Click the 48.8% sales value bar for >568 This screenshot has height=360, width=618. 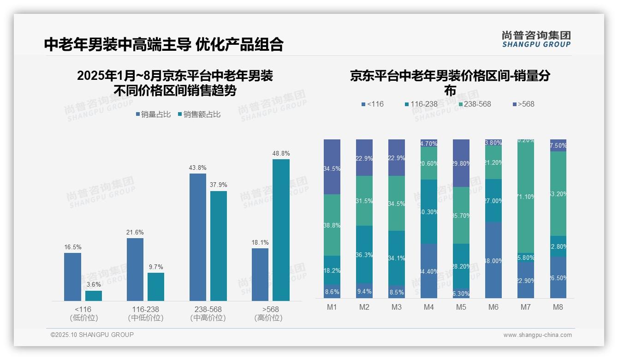click(281, 230)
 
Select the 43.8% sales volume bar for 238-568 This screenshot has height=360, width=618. click(198, 237)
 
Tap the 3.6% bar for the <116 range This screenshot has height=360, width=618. click(94, 296)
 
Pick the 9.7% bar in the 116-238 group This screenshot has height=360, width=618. click(156, 287)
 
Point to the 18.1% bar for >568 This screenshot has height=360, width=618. click(260, 275)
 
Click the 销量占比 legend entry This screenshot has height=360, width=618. click(153, 114)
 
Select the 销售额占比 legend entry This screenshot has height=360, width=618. click(199, 114)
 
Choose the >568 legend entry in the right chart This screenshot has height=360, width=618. click(523, 104)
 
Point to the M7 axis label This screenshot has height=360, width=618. click(526, 307)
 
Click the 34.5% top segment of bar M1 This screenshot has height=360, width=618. click(332, 167)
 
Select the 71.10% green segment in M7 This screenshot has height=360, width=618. click(526, 196)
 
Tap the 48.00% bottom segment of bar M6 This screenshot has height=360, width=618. click(493, 260)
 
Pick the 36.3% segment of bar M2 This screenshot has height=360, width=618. click(364, 254)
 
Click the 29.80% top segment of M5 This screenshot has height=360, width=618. click(461, 163)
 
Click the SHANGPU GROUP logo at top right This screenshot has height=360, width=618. click(536, 39)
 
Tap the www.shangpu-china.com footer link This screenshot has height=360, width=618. click(537, 335)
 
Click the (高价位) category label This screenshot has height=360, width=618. click(268, 318)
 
